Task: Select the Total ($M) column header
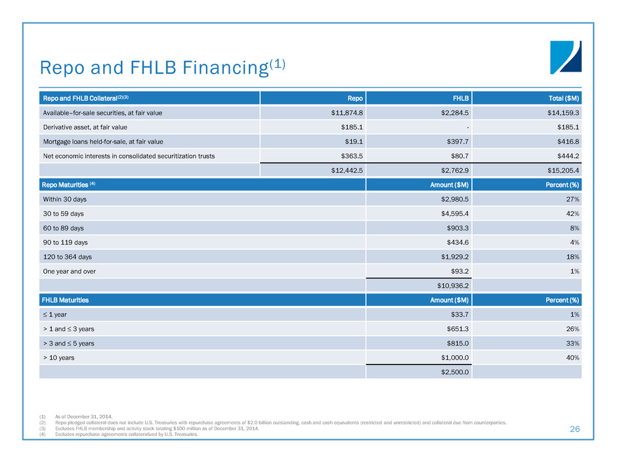[x=563, y=99]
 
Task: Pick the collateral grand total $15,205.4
[x=560, y=171]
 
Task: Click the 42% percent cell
[x=571, y=213]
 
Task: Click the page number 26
[x=575, y=430]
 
